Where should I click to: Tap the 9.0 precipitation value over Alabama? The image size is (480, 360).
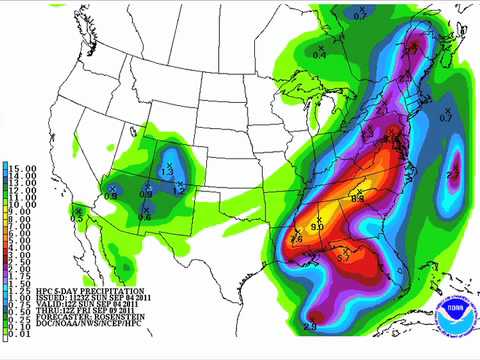click(x=318, y=228)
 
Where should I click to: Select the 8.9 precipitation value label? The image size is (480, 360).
click(x=358, y=200)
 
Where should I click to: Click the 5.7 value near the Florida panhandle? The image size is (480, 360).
click(x=341, y=258)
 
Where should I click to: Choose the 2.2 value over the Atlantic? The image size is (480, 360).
click(x=452, y=174)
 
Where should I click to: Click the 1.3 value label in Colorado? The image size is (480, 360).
click(x=167, y=173)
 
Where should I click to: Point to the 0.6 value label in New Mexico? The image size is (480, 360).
click(x=145, y=217)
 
